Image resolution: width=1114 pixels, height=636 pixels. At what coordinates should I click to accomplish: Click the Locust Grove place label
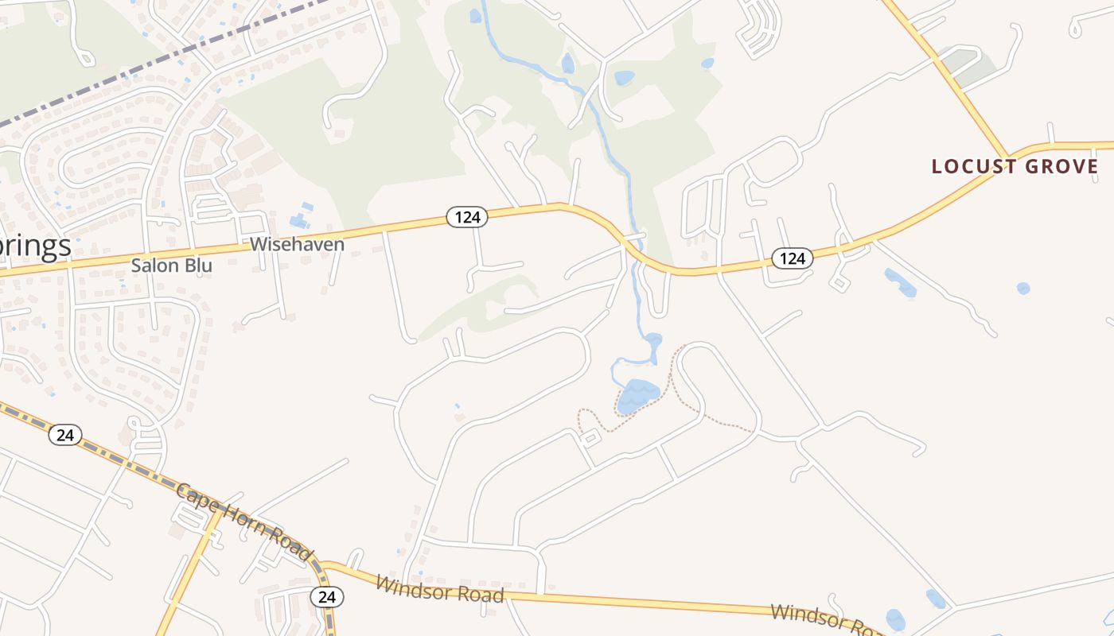tap(1015, 167)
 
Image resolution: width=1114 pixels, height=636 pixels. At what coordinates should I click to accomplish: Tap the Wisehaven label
tap(297, 244)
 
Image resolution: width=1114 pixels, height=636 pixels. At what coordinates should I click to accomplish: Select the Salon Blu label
tap(171, 266)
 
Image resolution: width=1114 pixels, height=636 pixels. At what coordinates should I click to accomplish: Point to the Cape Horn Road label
tap(242, 522)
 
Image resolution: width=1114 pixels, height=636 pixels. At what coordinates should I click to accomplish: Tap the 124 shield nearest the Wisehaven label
tap(466, 216)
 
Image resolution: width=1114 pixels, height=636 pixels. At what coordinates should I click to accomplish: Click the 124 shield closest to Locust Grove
tap(792, 258)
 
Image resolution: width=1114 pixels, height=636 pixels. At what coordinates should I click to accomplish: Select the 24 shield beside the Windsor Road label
tap(326, 597)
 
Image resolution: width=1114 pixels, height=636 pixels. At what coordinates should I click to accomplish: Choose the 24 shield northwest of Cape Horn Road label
tap(65, 435)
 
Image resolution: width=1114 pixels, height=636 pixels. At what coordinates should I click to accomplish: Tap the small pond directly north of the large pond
tap(653, 340)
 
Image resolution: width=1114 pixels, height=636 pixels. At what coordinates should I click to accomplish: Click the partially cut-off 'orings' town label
tap(35, 246)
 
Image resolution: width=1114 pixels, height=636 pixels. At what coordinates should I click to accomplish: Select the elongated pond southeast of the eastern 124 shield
tap(900, 281)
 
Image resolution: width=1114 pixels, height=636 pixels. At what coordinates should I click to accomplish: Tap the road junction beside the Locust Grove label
tap(1008, 157)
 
